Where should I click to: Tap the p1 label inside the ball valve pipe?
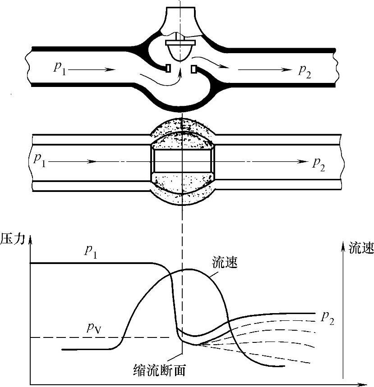point(40,160)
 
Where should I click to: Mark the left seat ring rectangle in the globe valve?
point(167,68)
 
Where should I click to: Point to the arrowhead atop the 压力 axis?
point(30,242)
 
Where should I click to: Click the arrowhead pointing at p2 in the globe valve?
point(286,70)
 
